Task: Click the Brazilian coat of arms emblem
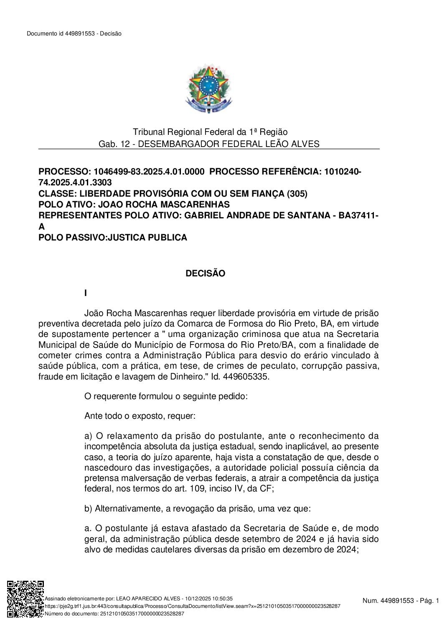[208, 89]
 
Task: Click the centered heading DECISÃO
[205, 273]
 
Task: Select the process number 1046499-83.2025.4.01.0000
[149, 172]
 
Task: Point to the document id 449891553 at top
[79, 34]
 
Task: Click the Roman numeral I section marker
[86, 294]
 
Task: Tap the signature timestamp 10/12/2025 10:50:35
[211, 598]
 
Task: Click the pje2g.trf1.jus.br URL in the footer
[192, 606]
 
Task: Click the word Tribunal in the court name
[148, 132]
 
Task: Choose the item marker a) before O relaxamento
[88, 436]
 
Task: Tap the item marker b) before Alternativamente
[88, 509]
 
